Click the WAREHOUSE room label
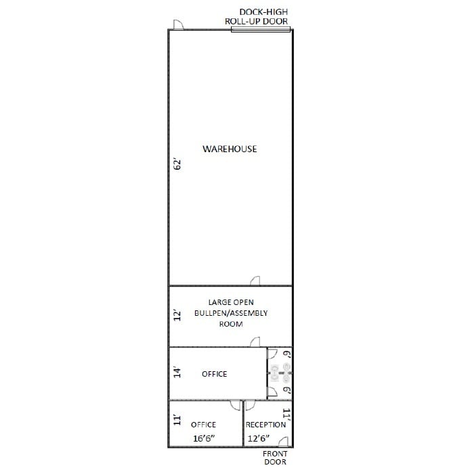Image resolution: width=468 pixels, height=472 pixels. click(x=230, y=149)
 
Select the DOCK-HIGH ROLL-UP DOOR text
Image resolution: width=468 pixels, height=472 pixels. click(x=257, y=17)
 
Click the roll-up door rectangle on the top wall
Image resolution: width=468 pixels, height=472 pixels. click(x=261, y=30)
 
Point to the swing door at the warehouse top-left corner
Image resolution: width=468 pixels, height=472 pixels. click(x=179, y=25)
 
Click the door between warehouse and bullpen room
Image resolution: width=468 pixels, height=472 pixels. click(x=255, y=281)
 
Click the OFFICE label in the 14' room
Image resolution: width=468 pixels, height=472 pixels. click(x=215, y=374)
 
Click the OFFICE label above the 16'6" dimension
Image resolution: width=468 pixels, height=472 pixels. click(x=203, y=425)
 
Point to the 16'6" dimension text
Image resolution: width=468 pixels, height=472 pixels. click(x=205, y=439)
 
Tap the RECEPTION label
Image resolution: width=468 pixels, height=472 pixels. click(x=265, y=425)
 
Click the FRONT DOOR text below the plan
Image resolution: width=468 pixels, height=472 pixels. click(x=275, y=458)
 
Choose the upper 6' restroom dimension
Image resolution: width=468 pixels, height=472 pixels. click(x=286, y=354)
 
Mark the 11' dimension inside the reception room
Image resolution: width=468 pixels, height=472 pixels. click(x=286, y=415)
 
